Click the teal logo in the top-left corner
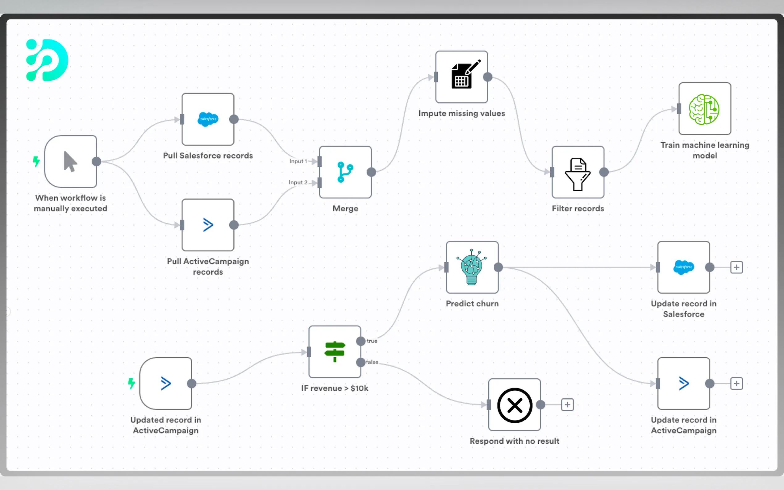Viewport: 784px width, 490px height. [47, 60]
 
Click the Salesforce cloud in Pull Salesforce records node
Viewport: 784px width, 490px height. [208, 119]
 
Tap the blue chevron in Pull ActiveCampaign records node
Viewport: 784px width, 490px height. [208, 225]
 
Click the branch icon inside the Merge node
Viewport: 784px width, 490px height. [345, 172]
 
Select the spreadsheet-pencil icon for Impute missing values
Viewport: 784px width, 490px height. [465, 74]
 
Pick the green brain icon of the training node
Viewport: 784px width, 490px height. [704, 110]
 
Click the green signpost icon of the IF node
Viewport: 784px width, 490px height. [335, 352]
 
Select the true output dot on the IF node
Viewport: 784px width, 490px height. [361, 341]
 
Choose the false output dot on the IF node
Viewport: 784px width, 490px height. [361, 362]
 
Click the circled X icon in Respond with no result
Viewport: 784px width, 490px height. [515, 405]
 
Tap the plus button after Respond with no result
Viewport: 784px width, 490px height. [568, 405]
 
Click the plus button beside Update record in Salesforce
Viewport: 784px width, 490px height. [737, 267]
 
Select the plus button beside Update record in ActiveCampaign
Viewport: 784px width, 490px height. [737, 384]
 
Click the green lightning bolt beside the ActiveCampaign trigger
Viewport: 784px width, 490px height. [131, 383]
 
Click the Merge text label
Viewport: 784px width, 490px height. [345, 209]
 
